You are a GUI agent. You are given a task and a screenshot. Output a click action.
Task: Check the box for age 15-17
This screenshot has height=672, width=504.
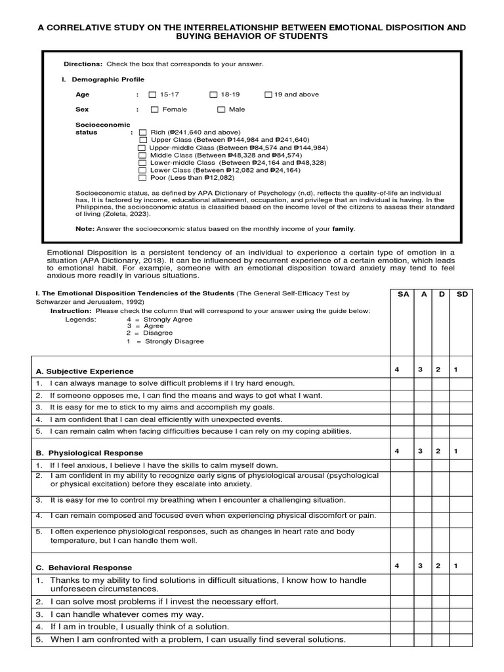(x=153, y=94)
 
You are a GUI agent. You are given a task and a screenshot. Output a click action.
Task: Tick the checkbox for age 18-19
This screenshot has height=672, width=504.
(x=214, y=94)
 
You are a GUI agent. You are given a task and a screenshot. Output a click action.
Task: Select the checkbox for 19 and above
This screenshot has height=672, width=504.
(x=268, y=94)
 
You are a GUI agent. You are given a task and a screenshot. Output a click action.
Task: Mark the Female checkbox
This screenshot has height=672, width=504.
(x=155, y=110)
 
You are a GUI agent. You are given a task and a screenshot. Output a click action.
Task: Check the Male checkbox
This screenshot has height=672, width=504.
(x=221, y=110)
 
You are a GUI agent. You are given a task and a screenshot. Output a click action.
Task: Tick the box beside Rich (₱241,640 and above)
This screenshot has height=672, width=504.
(x=143, y=132)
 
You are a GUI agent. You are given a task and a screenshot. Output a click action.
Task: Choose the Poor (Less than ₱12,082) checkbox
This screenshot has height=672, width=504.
(x=142, y=177)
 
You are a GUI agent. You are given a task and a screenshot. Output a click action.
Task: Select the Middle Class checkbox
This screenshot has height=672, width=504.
(x=142, y=155)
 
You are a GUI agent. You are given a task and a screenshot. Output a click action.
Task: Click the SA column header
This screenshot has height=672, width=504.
(x=403, y=295)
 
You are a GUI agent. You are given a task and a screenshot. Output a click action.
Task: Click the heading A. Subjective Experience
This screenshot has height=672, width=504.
(x=85, y=371)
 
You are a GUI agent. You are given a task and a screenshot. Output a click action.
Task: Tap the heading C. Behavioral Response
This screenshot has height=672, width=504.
(x=84, y=567)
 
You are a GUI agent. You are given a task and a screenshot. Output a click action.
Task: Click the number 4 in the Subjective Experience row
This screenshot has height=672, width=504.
(x=396, y=370)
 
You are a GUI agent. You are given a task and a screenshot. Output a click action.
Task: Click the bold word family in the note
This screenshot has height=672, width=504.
(x=343, y=228)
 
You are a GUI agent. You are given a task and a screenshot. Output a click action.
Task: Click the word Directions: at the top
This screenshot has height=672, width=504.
(x=83, y=64)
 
